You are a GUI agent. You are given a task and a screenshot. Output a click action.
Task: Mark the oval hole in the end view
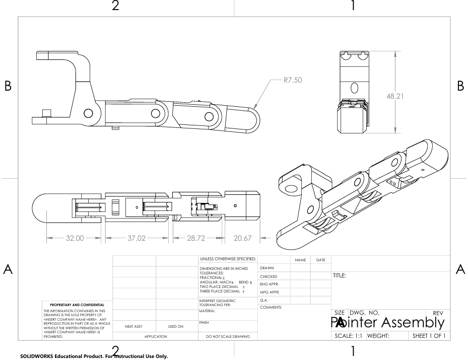[354, 88]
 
